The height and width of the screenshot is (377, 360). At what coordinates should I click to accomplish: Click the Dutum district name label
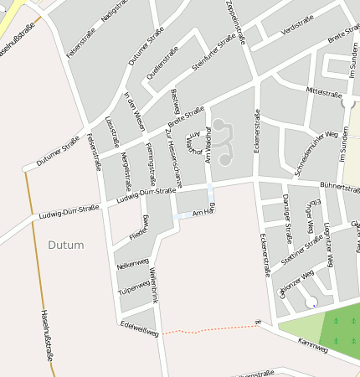66,245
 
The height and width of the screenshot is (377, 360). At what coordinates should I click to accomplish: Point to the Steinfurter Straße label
214,53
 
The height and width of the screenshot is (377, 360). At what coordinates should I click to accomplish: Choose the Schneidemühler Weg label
316,152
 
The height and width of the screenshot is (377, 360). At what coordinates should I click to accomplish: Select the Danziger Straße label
286,214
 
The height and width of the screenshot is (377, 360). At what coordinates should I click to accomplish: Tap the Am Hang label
204,214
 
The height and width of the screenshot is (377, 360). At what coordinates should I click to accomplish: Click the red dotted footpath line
209,330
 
